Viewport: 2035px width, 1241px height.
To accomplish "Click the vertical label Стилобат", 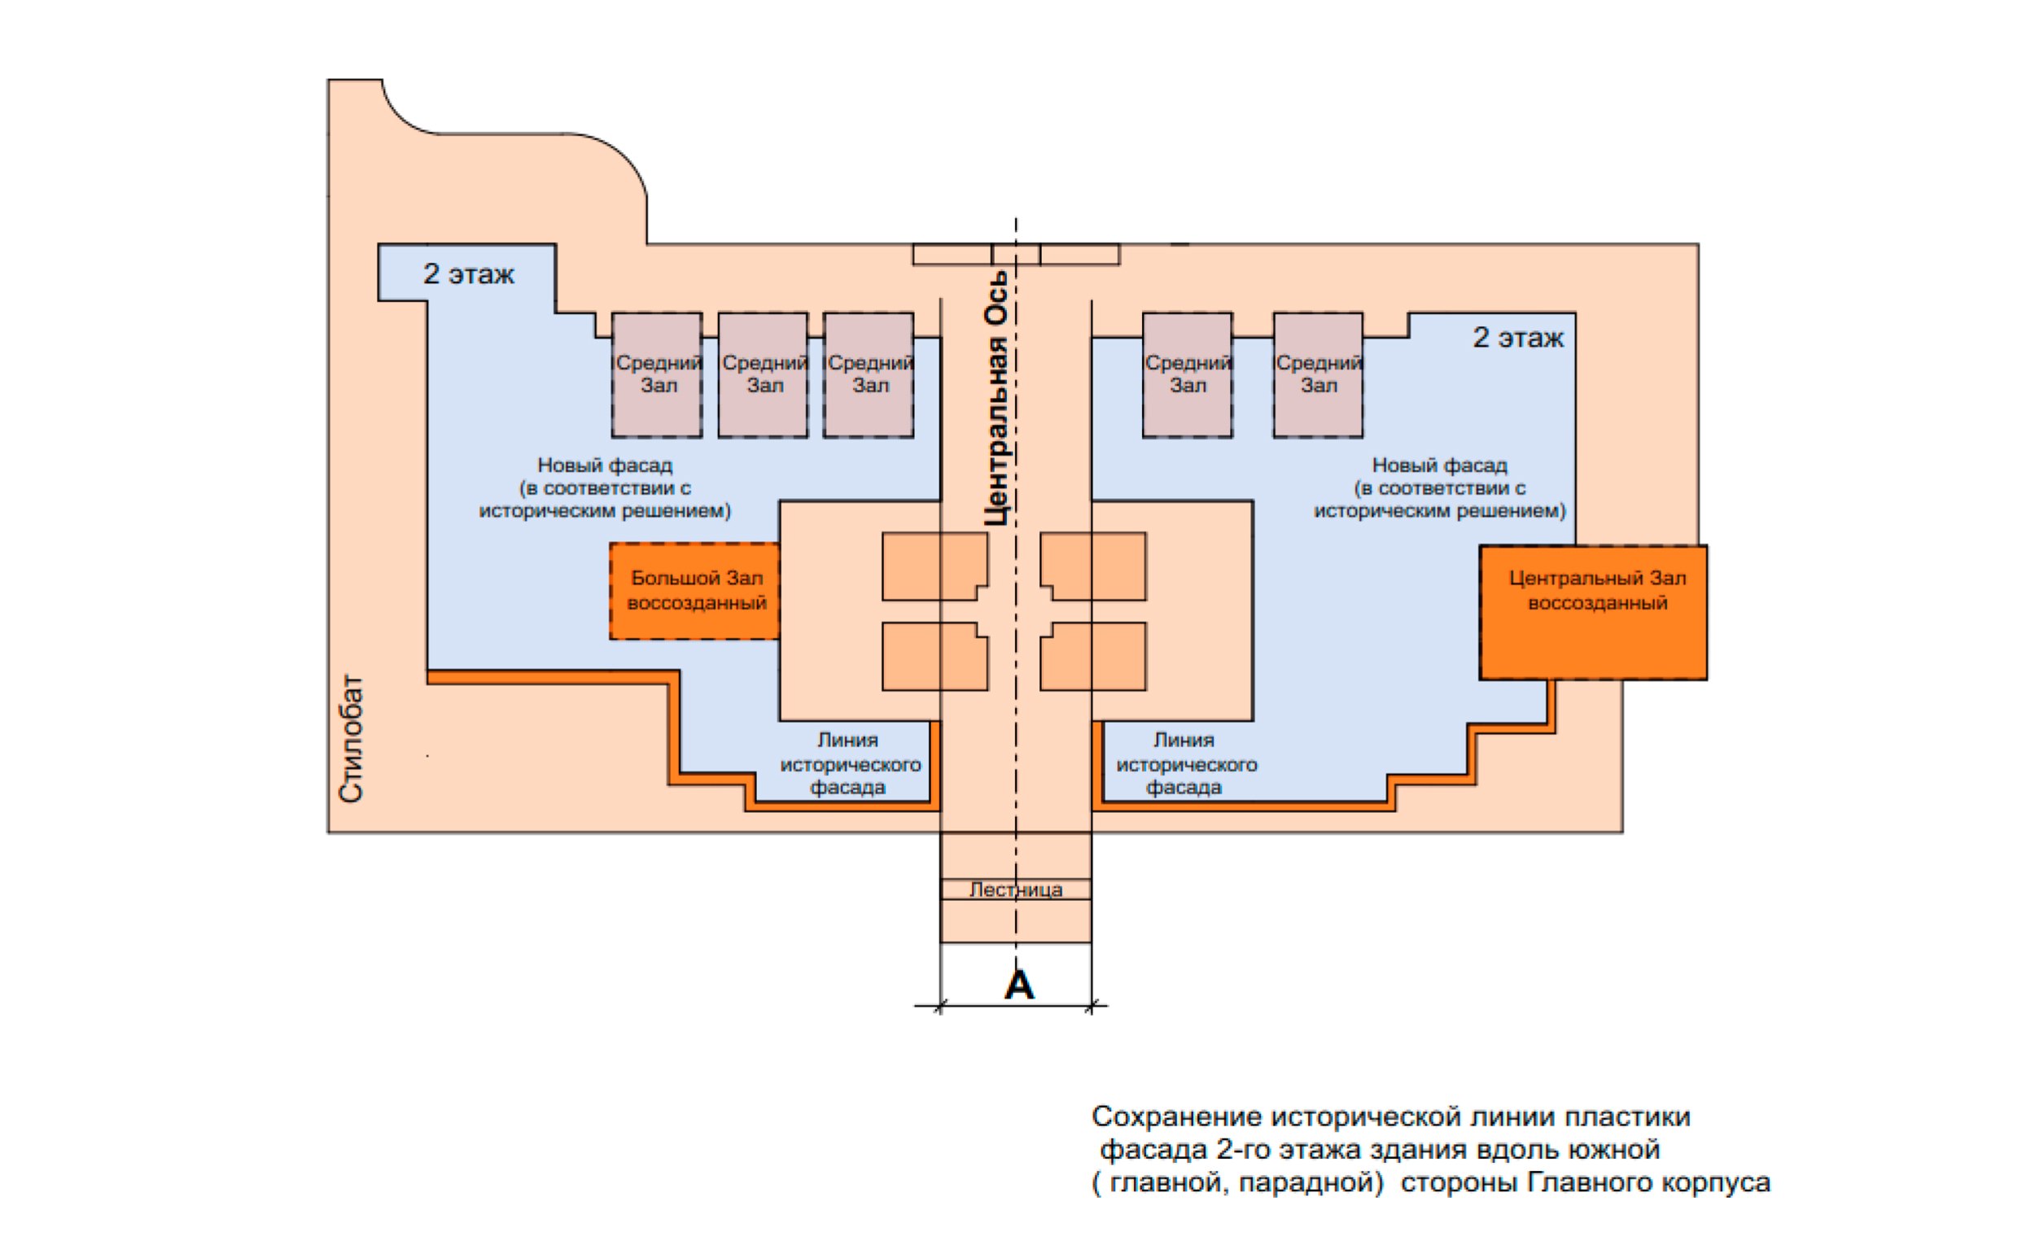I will point(351,739).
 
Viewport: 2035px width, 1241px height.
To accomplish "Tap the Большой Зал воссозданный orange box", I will point(694,590).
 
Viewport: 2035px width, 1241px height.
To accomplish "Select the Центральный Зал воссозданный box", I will point(1593,613).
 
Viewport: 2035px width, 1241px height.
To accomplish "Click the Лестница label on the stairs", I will point(1016,889).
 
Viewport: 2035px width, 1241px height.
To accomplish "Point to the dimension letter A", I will point(1018,984).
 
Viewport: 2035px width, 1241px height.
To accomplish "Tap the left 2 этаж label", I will point(468,273).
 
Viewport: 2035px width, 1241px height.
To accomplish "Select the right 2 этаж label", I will point(1518,338).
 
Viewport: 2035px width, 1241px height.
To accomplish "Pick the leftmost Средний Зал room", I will point(658,374).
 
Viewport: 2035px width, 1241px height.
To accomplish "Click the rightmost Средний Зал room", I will point(1318,374).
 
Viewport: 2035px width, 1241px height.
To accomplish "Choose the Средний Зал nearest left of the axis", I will point(869,374).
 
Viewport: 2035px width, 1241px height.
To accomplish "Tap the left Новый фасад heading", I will point(606,465).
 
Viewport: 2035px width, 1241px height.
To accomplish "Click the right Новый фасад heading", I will point(1439,465).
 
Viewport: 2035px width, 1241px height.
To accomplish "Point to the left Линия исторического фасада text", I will point(849,764).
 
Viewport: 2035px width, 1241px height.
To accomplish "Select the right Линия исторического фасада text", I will point(1185,764).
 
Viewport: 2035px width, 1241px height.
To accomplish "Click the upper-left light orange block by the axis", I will point(934,566).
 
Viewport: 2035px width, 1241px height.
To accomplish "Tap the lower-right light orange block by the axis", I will point(1093,657).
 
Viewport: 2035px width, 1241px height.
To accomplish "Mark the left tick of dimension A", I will point(941,1006).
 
